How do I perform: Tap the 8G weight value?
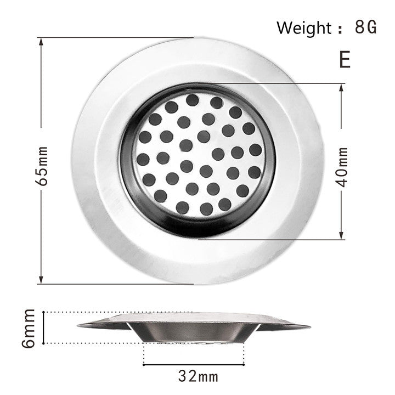click(x=366, y=27)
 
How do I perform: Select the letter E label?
click(x=345, y=59)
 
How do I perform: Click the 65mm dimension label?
click(x=44, y=165)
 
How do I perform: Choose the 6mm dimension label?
click(x=29, y=328)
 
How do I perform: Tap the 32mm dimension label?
click(x=198, y=376)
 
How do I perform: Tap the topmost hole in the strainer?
click(x=192, y=100)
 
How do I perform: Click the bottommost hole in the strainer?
click(x=206, y=208)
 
